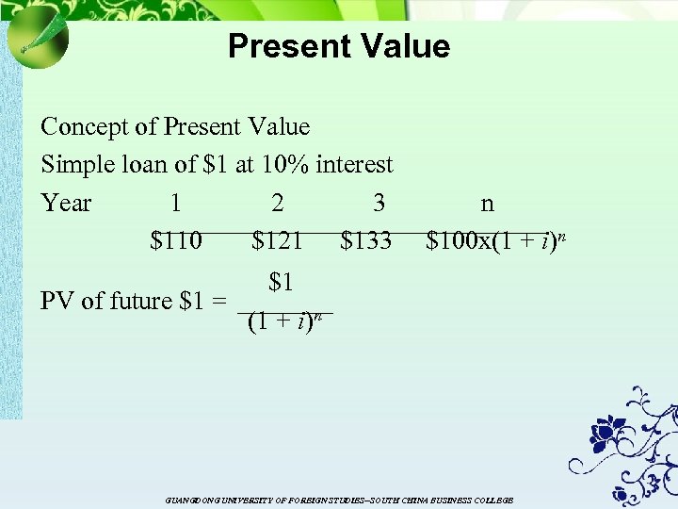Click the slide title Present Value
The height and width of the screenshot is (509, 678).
[x=339, y=45]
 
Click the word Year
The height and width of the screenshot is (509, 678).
[x=67, y=203]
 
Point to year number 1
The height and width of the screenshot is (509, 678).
[x=176, y=203]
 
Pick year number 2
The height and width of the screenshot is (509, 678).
[x=278, y=203]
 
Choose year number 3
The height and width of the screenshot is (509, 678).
[x=379, y=203]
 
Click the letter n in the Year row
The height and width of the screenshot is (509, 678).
[x=487, y=204]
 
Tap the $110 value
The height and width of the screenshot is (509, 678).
[x=176, y=242]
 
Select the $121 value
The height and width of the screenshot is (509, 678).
[x=278, y=242]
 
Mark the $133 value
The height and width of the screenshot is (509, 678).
[x=366, y=242]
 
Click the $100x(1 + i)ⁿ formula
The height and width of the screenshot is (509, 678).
[x=495, y=241]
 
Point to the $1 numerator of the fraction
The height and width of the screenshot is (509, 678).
[x=282, y=282]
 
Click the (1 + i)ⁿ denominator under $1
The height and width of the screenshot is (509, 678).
[x=285, y=321]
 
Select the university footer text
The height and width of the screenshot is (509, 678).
[x=339, y=500]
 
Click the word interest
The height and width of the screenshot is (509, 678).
[x=354, y=165]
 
